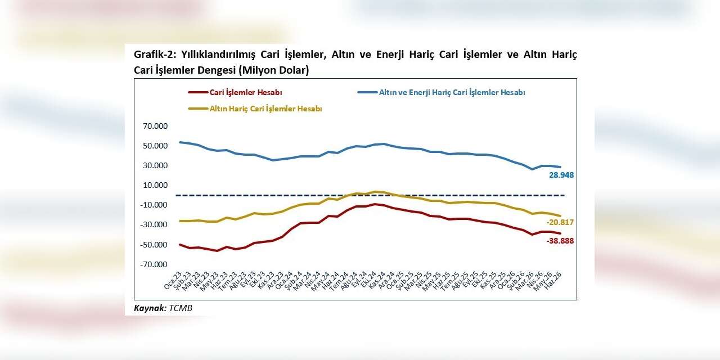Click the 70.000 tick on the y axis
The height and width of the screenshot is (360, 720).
pyautogui.click(x=155, y=126)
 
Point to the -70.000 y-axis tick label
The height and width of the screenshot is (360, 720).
pyautogui.click(x=154, y=264)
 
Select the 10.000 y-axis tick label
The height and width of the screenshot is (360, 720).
pyautogui.click(x=155, y=185)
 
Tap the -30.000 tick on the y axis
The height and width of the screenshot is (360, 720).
pyautogui.click(x=154, y=224)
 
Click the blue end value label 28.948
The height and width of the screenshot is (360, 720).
pyautogui.click(x=561, y=175)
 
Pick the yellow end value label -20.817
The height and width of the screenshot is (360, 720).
pyautogui.click(x=560, y=222)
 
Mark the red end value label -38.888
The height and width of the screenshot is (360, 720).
pyautogui.click(x=560, y=241)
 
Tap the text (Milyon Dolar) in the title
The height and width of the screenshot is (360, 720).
pyautogui.click(x=273, y=70)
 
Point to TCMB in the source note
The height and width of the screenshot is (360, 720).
pyautogui.click(x=181, y=308)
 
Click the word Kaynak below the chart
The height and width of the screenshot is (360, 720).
pyautogui.click(x=150, y=308)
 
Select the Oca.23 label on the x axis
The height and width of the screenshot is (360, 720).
pyautogui.click(x=173, y=280)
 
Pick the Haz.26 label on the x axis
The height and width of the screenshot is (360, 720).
pyautogui.click(x=552, y=280)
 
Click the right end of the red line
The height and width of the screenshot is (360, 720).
pyautogui.click(x=561, y=233)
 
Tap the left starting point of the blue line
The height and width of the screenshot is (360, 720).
pyautogui.click(x=180, y=142)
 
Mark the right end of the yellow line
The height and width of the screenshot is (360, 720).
pyautogui.click(x=561, y=216)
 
